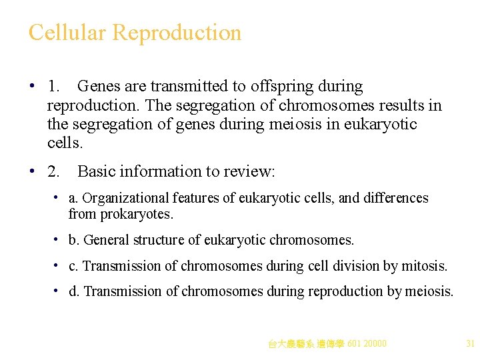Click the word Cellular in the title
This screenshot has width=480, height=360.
coord(67,32)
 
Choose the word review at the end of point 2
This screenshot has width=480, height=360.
coord(250,171)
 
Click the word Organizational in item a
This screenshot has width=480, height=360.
coord(125,198)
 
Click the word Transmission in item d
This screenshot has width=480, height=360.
coord(123,291)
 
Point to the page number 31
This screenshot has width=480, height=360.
coord(470,344)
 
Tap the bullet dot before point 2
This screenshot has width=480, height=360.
coord(32,171)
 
